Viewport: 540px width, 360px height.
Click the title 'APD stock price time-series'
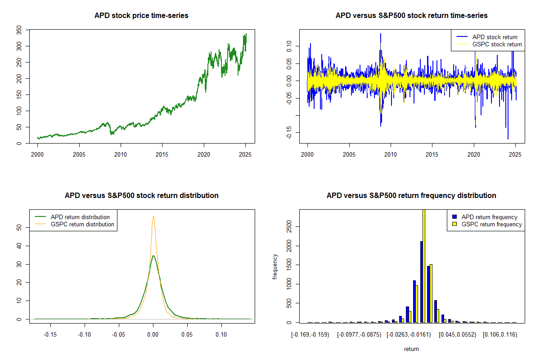(x=141, y=16)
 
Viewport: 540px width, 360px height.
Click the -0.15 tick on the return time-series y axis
(x=289, y=132)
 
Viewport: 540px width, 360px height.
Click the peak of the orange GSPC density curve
(x=153, y=216)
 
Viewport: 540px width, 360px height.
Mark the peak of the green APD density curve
(x=153, y=256)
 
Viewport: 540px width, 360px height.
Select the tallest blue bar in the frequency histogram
(x=421, y=282)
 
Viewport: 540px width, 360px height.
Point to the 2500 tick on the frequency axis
(x=289, y=227)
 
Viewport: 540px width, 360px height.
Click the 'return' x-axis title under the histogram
(x=411, y=349)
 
